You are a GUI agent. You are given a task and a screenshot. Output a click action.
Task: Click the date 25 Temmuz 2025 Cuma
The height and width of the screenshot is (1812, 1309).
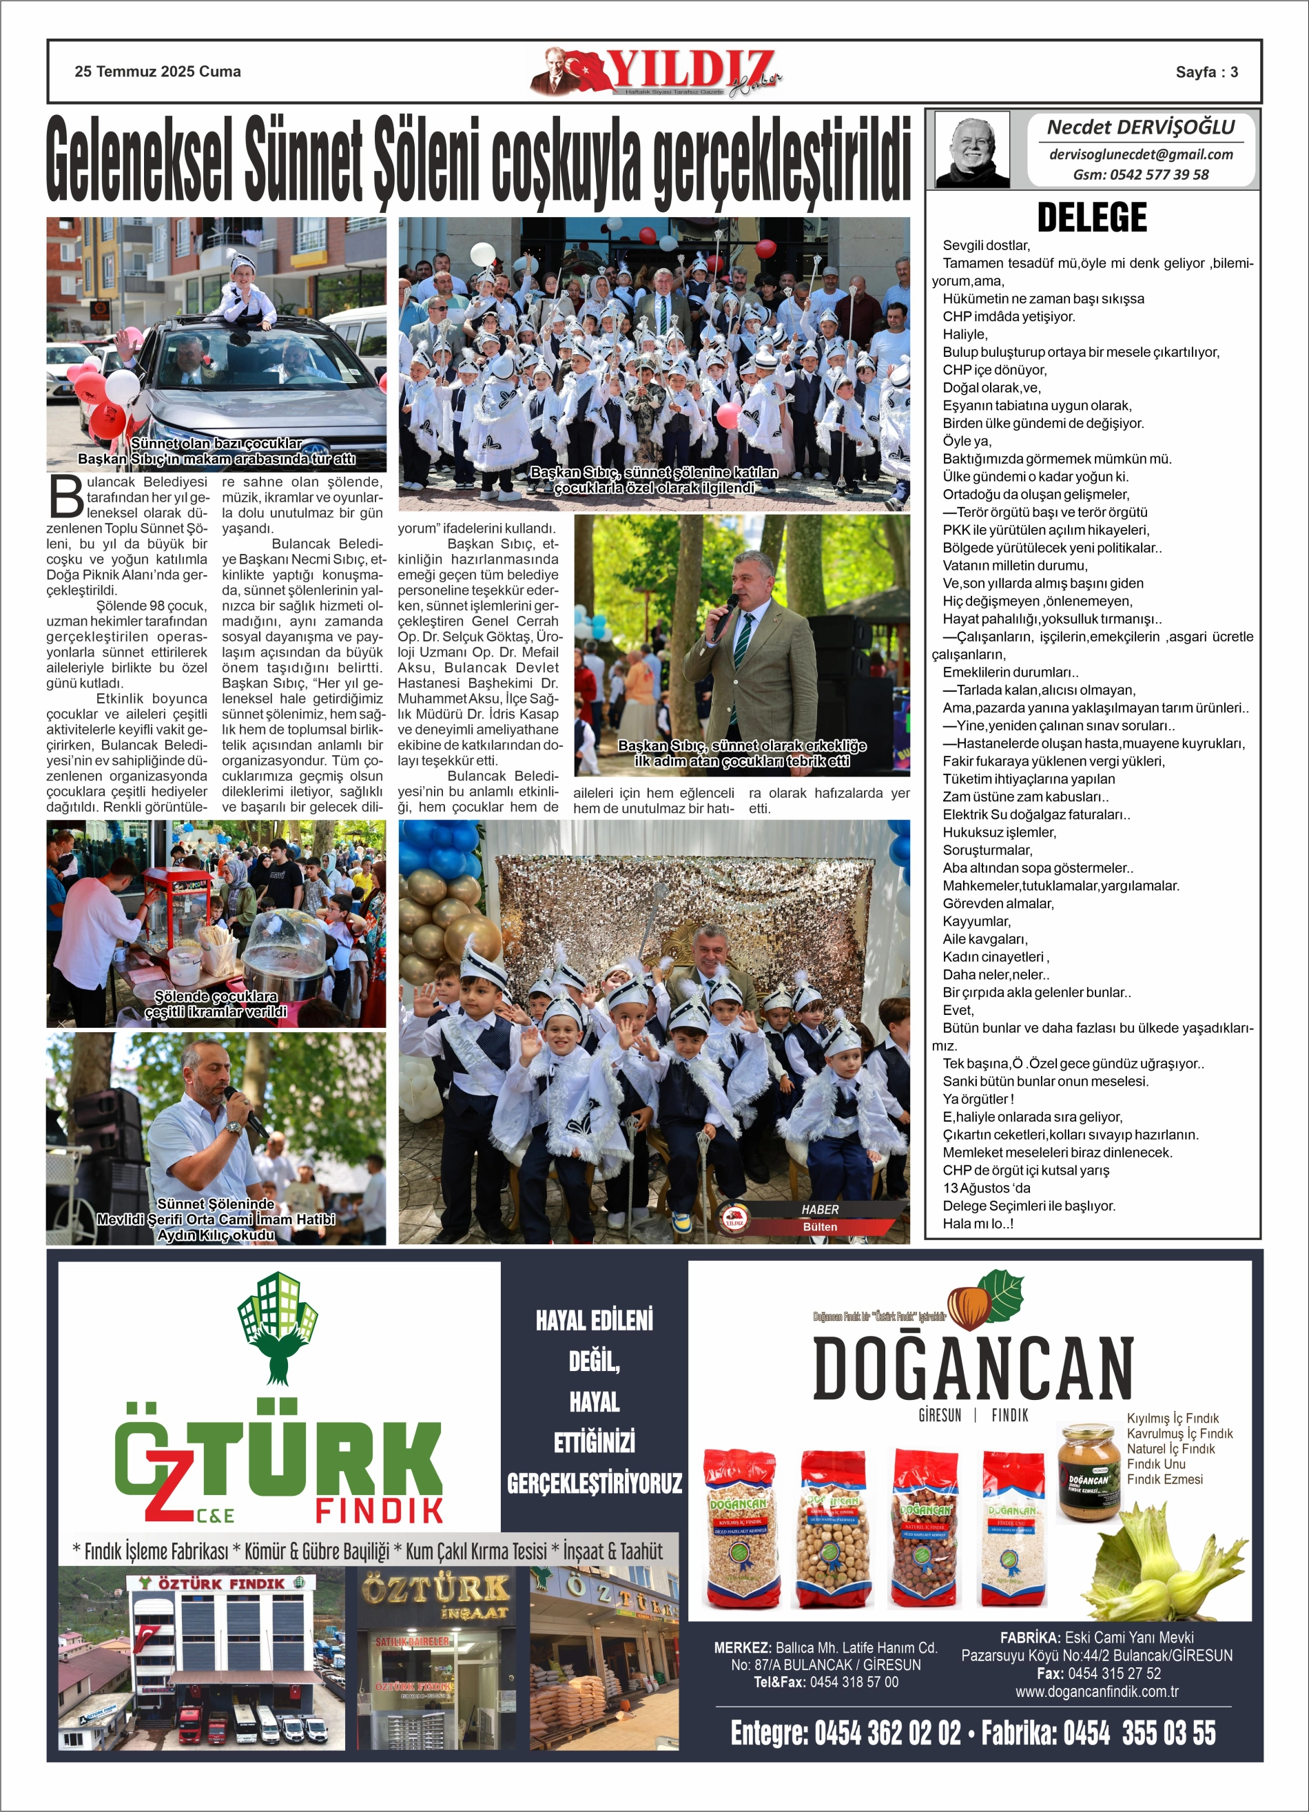tap(158, 72)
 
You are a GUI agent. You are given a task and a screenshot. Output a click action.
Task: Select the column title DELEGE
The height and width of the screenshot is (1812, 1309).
tap(1091, 217)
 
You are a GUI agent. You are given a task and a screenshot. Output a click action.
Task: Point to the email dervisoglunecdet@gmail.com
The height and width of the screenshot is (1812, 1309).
tap(1140, 155)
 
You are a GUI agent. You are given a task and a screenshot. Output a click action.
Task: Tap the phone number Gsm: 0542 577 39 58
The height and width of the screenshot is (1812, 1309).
tap(1140, 175)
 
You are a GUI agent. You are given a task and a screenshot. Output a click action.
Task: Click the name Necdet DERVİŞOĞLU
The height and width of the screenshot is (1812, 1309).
tap(1140, 127)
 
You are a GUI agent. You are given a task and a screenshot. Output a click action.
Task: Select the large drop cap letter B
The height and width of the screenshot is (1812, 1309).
tap(65, 497)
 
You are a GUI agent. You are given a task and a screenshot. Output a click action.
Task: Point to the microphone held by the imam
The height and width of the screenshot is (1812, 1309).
tap(245, 1111)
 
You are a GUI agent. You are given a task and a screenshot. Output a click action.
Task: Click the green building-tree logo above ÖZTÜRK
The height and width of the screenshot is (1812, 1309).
tap(278, 1328)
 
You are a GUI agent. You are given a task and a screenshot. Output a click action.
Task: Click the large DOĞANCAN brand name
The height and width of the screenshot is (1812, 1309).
tap(973, 1368)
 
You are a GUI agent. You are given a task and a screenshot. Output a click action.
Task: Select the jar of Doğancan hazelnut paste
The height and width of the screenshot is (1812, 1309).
tap(1088, 1472)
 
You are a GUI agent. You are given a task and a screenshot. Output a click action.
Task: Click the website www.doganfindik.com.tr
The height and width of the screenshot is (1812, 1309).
tap(1096, 1691)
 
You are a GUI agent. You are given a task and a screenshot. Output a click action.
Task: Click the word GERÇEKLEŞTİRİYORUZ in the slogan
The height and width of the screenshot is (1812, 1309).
tap(594, 1483)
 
